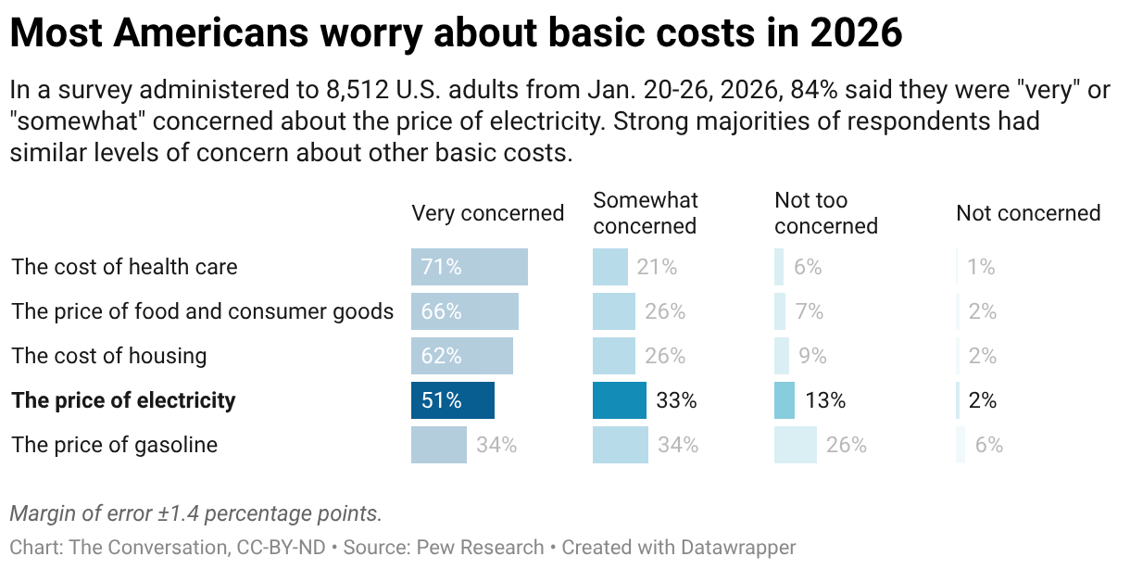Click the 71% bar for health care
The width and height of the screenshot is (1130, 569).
point(470,267)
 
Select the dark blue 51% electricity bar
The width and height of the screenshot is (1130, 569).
point(453,400)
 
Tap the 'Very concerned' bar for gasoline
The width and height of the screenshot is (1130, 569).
point(439,445)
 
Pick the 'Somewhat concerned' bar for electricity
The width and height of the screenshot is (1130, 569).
point(620,400)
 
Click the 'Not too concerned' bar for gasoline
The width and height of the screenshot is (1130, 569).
point(796,445)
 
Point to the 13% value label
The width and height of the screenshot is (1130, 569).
point(824,400)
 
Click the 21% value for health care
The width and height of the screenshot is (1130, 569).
point(657,267)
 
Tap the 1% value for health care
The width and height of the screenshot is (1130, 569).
point(981,267)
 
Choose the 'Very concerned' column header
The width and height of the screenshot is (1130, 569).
point(487,213)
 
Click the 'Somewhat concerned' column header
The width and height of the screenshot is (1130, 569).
point(646,213)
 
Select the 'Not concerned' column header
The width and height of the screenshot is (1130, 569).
point(1028,213)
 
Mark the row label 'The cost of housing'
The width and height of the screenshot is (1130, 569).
point(109,356)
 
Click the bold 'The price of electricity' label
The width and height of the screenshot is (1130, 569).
point(123,400)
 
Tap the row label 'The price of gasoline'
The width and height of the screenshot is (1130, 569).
point(114,445)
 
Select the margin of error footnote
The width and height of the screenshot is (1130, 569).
point(195,512)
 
